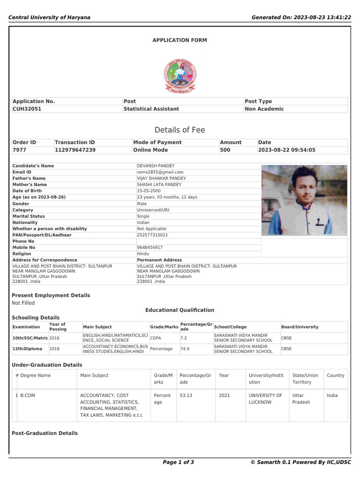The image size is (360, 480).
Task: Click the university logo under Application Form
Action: (180, 75)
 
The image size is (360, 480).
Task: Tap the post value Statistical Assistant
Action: (151, 109)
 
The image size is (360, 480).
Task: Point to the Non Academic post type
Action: (264, 109)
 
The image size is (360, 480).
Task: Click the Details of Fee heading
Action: (180, 130)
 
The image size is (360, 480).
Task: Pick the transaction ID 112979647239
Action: (75, 150)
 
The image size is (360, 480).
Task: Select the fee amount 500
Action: (225, 150)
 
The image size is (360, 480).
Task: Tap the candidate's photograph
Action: (304, 200)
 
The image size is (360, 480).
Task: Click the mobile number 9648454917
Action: (150, 247)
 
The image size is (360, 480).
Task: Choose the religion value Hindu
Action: (142, 254)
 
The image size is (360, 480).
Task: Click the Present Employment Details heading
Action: (51, 295)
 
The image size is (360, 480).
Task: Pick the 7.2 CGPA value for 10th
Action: (184, 337)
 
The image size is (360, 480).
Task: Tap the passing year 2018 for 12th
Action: (54, 349)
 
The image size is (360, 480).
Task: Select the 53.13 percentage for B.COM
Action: (186, 395)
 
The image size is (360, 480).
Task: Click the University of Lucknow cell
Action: (265, 398)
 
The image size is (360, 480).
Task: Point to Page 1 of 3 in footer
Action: (178, 462)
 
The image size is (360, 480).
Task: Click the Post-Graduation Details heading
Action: (45, 433)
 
